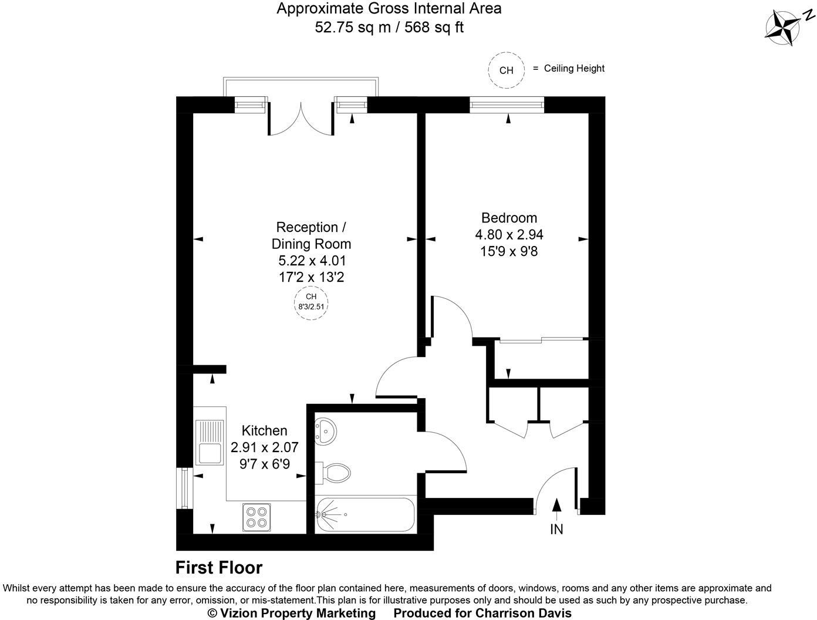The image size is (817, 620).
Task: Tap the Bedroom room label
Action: tap(509, 218)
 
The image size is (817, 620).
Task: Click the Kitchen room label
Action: tap(264, 430)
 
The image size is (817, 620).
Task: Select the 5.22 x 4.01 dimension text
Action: tap(311, 260)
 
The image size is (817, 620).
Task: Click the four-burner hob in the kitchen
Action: tap(256, 517)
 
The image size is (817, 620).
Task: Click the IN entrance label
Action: tap(556, 529)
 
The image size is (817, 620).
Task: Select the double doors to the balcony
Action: tap(301, 119)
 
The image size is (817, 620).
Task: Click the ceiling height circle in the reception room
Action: tap(311, 302)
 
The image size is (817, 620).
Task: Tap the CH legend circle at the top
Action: tap(506, 70)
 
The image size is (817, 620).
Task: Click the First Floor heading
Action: tap(219, 568)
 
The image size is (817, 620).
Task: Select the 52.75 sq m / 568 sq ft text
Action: tap(389, 27)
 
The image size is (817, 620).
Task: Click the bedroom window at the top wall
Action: tap(507, 105)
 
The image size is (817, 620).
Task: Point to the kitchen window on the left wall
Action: tap(185, 488)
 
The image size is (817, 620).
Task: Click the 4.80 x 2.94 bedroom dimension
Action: tap(509, 235)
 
